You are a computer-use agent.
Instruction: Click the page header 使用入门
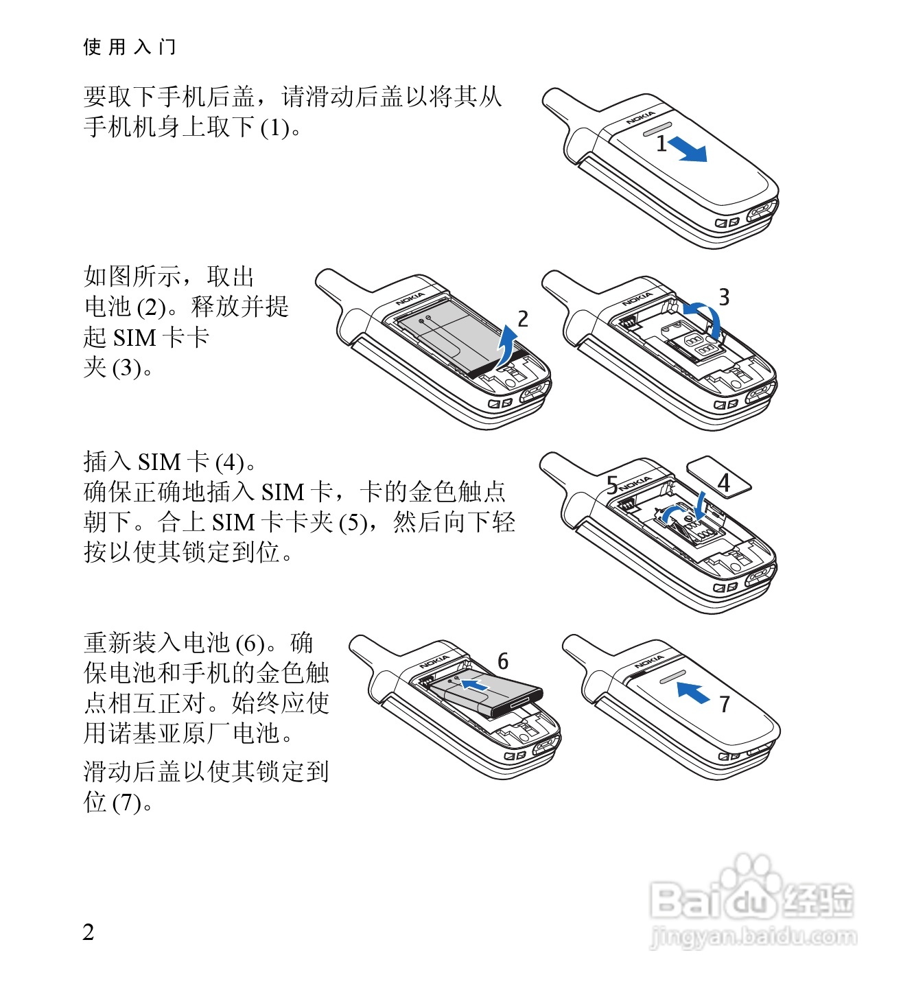130,47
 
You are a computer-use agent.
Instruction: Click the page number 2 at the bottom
89,932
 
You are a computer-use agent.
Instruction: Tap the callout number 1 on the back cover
661,143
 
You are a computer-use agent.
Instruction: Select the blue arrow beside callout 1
687,150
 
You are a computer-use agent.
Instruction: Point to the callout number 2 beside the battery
522,319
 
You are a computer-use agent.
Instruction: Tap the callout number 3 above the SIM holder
724,297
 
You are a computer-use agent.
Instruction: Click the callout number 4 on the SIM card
724,482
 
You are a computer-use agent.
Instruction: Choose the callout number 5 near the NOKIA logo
612,484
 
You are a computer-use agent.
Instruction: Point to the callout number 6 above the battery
503,661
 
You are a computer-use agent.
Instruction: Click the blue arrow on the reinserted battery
473,685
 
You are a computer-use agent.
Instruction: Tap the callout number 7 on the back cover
725,704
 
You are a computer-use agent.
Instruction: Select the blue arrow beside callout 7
693,692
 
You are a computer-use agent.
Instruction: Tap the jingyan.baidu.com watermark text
753,937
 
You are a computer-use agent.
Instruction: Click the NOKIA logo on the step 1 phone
640,118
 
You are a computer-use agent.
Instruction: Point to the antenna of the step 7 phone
584,654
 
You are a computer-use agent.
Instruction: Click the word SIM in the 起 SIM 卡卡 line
134,338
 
